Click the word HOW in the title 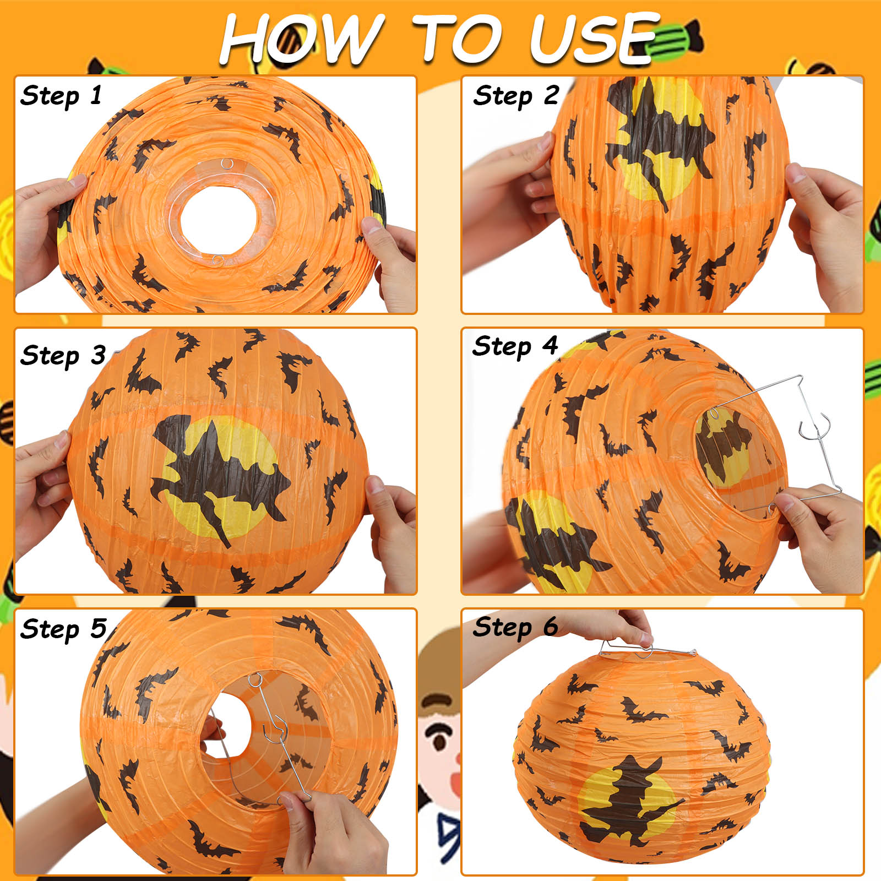[x=302, y=39]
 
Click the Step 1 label [x=61, y=96]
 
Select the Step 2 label [x=516, y=96]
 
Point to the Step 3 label [x=63, y=356]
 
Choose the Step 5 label [x=63, y=629]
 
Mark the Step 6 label [x=515, y=627]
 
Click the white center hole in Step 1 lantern [x=219, y=213]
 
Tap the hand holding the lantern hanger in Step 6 [x=628, y=628]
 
